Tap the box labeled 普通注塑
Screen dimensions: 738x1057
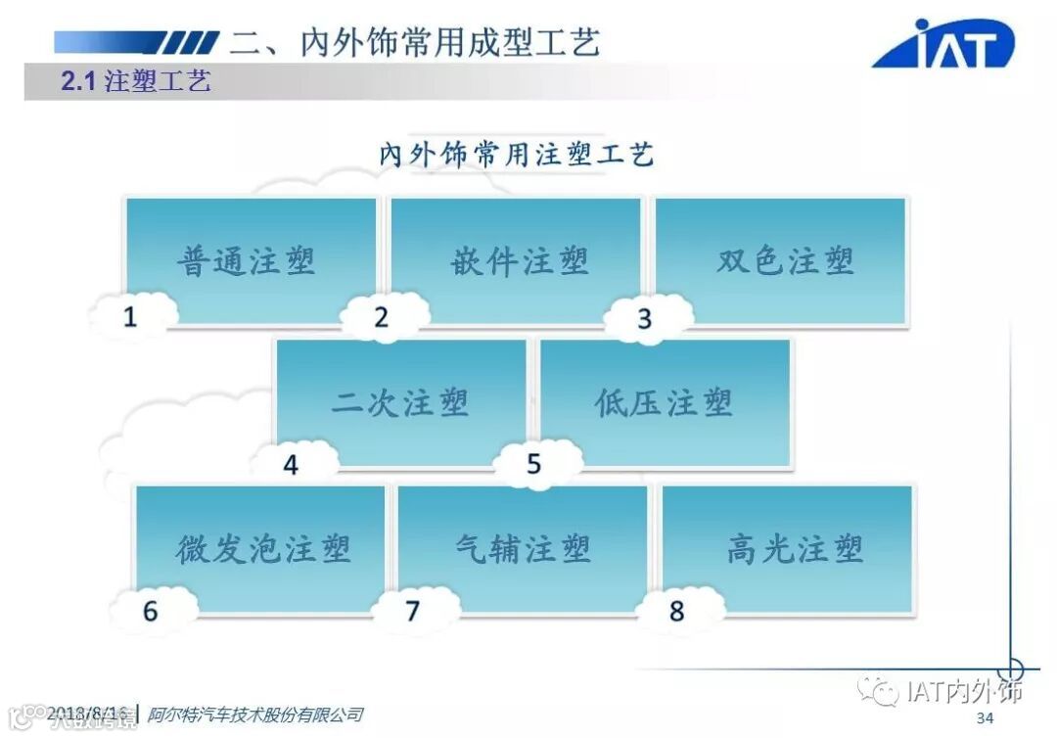(x=249, y=260)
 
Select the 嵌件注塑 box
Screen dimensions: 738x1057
(x=517, y=260)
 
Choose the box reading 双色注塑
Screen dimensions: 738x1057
(x=783, y=260)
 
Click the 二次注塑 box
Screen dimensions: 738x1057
(x=401, y=401)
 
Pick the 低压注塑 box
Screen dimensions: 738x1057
(x=666, y=401)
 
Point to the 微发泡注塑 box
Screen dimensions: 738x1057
(x=262, y=548)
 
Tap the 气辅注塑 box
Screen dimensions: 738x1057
(x=524, y=548)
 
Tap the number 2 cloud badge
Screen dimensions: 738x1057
(x=383, y=316)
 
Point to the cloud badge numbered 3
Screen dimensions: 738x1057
(x=645, y=319)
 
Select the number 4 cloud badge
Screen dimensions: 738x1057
(x=292, y=464)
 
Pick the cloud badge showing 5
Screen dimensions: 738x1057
(x=534, y=464)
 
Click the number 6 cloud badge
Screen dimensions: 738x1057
(x=151, y=611)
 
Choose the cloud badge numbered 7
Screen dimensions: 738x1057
(x=413, y=611)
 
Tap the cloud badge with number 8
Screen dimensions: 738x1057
(x=677, y=611)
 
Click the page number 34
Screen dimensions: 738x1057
(x=986, y=718)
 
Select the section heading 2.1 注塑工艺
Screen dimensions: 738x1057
(x=136, y=81)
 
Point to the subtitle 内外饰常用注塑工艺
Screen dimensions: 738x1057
(x=516, y=154)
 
